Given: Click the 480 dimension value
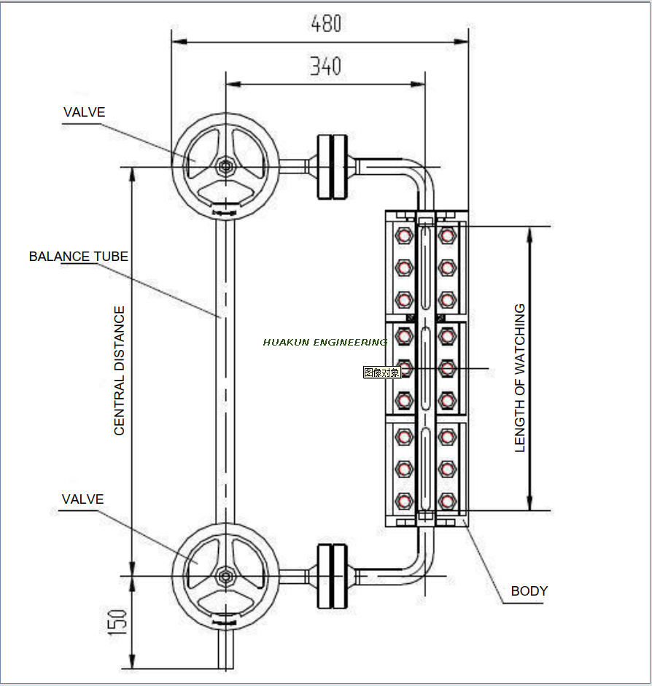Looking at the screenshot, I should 326,24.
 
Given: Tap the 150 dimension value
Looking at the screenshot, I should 119,621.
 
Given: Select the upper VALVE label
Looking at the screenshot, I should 84,112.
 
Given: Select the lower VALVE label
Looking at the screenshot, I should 82,499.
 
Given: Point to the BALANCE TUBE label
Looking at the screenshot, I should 79,257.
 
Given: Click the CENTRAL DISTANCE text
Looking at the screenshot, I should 120,371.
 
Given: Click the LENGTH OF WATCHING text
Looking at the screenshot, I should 520,378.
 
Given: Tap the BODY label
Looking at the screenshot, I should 529,591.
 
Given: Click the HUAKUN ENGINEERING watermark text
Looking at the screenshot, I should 325,342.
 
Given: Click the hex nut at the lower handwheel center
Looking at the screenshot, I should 225,576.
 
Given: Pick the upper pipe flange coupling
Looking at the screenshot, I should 332,166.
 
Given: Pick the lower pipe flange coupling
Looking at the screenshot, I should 332,576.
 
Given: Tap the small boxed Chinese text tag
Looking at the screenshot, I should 382,373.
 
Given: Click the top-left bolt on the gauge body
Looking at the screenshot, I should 403,235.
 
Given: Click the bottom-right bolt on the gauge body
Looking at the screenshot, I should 447,501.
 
